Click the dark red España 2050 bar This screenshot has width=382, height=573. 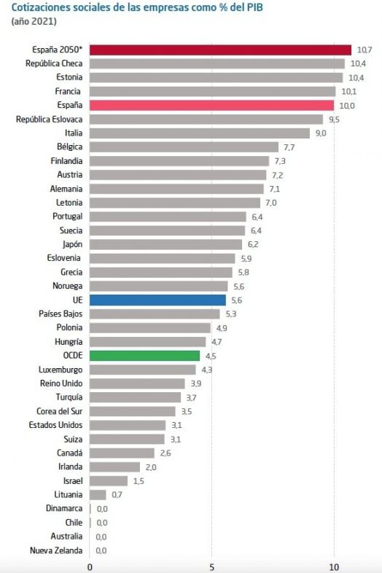click(220, 50)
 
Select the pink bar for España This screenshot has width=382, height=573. click(211, 105)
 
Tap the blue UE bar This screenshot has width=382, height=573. click(157, 300)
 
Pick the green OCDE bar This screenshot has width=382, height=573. click(144, 355)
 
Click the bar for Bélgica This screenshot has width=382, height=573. click(184, 147)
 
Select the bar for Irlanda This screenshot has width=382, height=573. click(114, 467)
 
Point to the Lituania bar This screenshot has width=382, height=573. click(98, 494)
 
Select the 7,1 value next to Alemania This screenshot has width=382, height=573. click(275, 188)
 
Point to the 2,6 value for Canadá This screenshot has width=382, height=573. click(165, 453)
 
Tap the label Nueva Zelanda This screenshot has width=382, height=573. click(56, 550)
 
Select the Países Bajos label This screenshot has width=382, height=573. click(61, 313)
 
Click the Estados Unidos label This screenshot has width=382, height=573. click(55, 425)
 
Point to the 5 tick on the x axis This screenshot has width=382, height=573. click(211, 566)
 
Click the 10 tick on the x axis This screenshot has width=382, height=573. click(334, 566)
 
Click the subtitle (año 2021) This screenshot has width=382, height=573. click(34, 21)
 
